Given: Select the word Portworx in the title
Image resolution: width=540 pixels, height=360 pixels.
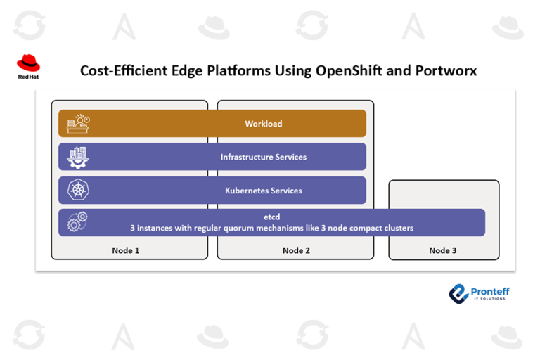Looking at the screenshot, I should (444, 71).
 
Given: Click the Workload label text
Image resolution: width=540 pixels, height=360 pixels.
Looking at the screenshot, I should (263, 124).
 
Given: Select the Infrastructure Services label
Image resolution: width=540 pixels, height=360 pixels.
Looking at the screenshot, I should (263, 157).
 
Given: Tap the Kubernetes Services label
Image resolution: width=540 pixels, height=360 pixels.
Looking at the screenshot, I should (263, 191).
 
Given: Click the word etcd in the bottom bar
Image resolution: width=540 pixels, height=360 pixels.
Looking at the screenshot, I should (271, 217).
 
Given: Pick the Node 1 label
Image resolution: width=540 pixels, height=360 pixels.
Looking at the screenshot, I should (126, 250).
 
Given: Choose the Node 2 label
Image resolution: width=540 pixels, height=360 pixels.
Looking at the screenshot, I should (296, 250).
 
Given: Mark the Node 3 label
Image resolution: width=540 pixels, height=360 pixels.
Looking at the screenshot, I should (443, 250).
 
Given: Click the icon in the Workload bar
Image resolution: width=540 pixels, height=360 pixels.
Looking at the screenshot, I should (78, 124).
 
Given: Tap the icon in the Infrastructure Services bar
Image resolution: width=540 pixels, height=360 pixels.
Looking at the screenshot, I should (78, 157).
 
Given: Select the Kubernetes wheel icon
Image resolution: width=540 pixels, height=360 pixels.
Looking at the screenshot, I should (78, 191).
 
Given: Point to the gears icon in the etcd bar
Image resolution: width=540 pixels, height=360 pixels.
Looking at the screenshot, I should (78, 222).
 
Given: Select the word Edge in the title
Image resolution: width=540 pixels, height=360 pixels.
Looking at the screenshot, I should (181, 71).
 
